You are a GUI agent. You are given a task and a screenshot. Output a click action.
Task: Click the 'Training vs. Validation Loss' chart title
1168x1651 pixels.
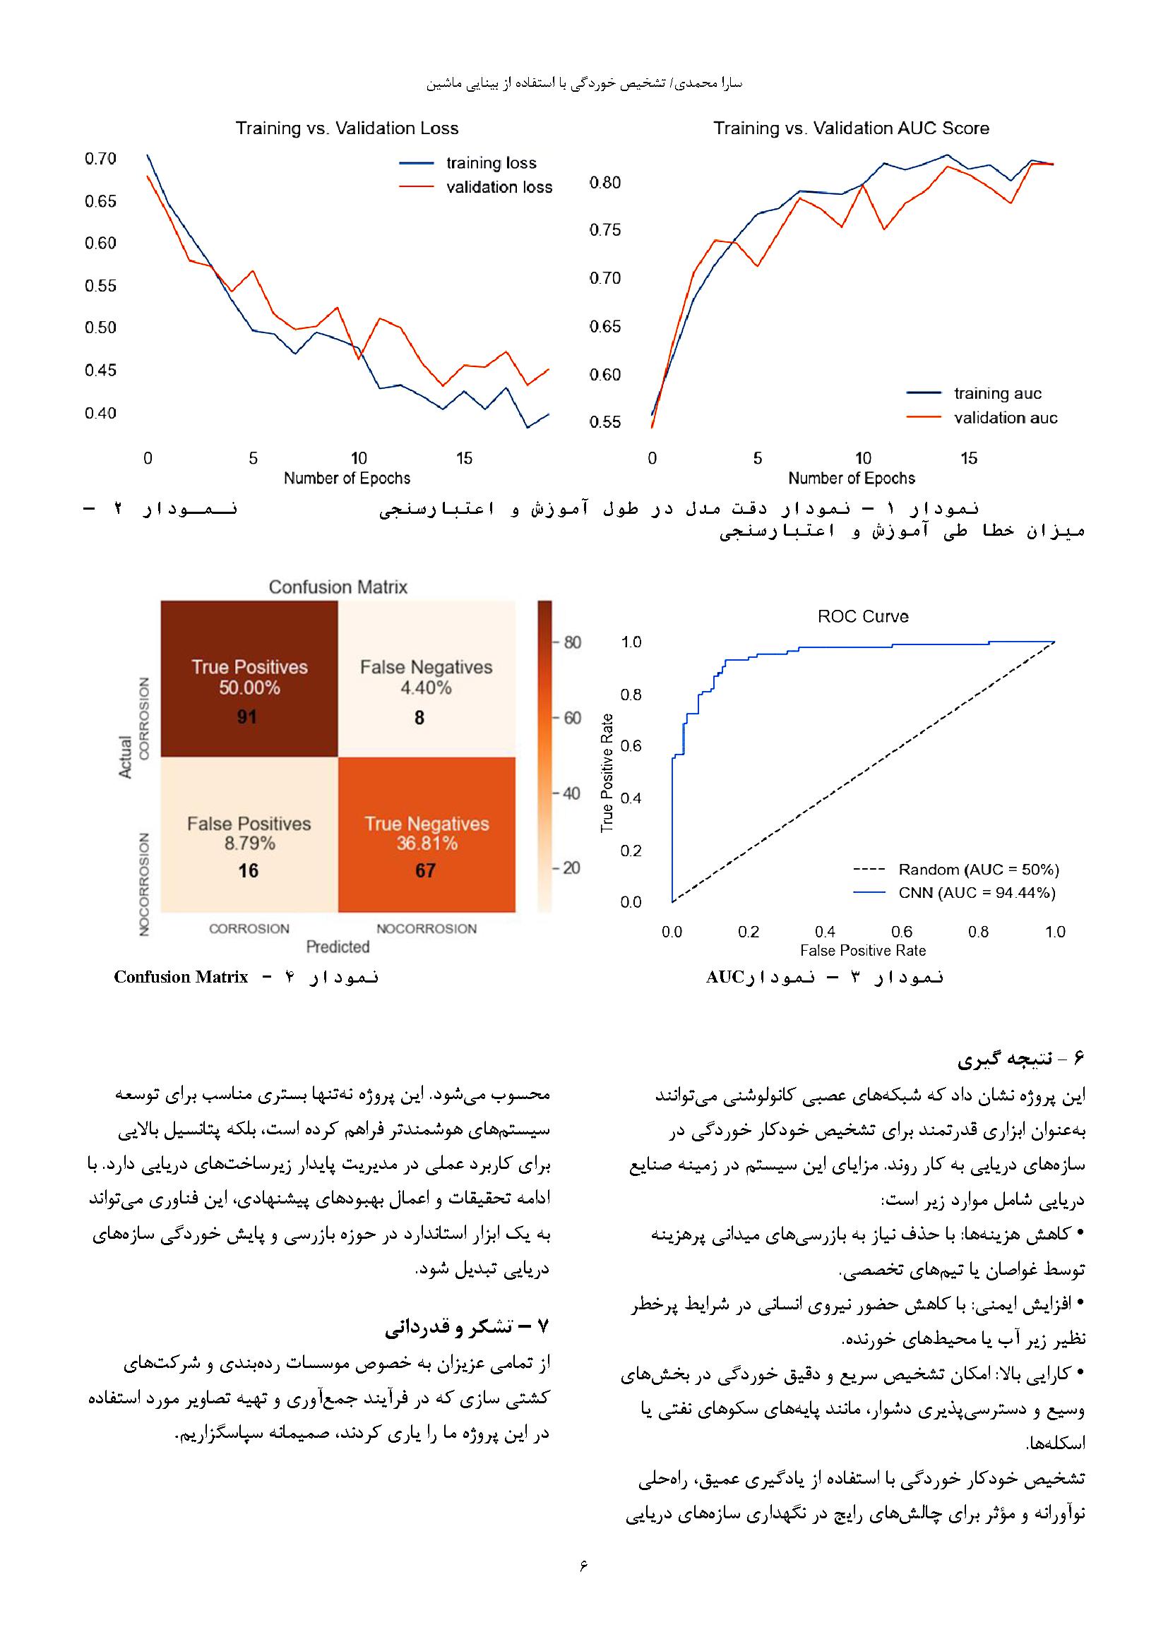pyautogui.click(x=347, y=128)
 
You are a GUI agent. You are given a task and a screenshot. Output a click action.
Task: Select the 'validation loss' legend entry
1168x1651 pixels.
pyautogui.click(x=499, y=188)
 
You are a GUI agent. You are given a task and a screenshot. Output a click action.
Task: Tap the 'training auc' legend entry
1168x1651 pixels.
pyautogui.click(x=997, y=393)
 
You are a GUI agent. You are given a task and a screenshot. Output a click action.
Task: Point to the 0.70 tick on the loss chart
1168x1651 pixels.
pyautogui.click(x=101, y=159)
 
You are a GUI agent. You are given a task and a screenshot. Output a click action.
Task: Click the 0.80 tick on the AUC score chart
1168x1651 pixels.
pyautogui.click(x=605, y=183)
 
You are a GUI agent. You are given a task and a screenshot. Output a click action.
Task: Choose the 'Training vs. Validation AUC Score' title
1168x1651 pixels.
pyautogui.click(x=851, y=128)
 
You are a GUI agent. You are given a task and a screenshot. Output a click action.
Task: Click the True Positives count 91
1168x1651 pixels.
pyautogui.click(x=247, y=717)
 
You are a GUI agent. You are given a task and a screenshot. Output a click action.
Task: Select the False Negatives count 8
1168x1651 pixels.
pyautogui.click(x=419, y=718)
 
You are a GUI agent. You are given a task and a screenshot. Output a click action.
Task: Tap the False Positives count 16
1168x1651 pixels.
pyautogui.click(x=248, y=871)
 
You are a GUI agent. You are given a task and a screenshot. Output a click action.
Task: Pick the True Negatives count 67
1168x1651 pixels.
pyautogui.click(x=425, y=871)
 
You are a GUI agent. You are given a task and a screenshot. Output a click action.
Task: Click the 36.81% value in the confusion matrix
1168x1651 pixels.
pyautogui.click(x=427, y=843)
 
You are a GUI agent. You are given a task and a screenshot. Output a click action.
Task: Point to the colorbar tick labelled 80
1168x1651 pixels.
pyautogui.click(x=573, y=642)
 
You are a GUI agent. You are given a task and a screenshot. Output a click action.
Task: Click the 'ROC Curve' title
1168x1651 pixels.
pyautogui.click(x=863, y=616)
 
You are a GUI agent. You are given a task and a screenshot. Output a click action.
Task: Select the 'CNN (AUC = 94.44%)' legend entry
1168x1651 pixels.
pyautogui.click(x=977, y=893)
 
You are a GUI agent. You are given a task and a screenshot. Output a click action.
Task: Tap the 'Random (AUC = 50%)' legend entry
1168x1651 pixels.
pyautogui.click(x=978, y=870)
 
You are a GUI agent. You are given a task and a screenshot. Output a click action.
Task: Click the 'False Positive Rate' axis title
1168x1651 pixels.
pyautogui.click(x=862, y=951)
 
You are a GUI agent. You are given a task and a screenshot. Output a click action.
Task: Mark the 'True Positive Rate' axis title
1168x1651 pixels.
pyautogui.click(x=607, y=772)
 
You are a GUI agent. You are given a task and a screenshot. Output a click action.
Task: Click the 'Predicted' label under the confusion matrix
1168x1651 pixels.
pyautogui.click(x=338, y=947)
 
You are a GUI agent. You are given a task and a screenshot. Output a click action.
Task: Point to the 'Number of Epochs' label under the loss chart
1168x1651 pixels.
pyautogui.click(x=347, y=478)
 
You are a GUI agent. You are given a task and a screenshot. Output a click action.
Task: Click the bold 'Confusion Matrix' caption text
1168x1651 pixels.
pyautogui.click(x=181, y=977)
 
